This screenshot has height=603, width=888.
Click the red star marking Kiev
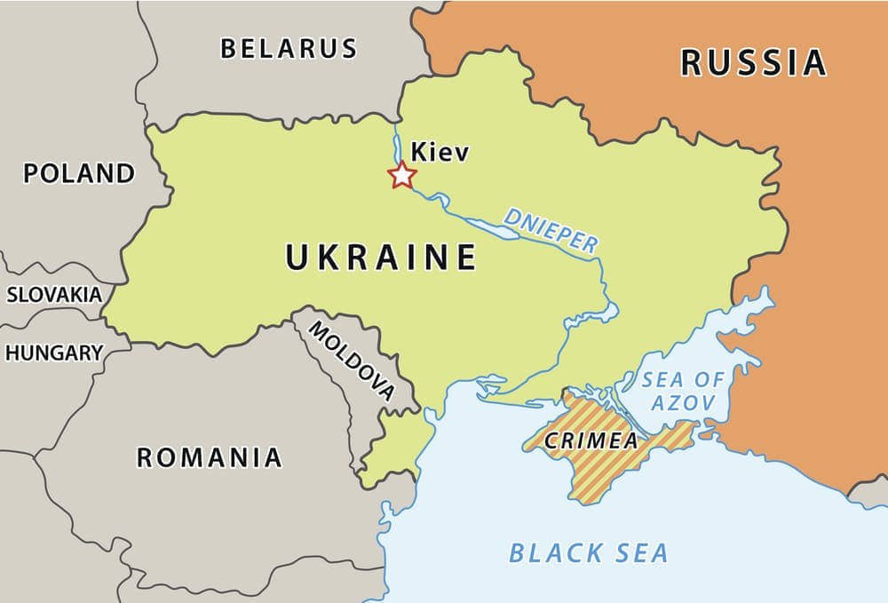point(402,175)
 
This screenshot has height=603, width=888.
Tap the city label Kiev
point(440,153)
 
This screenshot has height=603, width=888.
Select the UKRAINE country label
point(381,258)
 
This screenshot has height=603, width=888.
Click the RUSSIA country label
point(753,62)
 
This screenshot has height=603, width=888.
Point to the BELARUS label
point(289,48)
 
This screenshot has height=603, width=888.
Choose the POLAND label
point(79,173)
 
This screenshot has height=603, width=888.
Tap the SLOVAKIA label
point(54,295)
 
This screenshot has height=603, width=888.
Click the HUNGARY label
point(54,353)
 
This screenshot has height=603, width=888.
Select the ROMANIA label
point(209,457)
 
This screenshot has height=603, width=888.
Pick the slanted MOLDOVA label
point(352,361)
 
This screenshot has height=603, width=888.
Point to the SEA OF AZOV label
point(683,391)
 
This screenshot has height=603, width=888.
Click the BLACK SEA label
point(588,552)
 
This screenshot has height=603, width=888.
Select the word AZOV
point(683,402)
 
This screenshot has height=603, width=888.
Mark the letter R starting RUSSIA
point(694,62)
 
